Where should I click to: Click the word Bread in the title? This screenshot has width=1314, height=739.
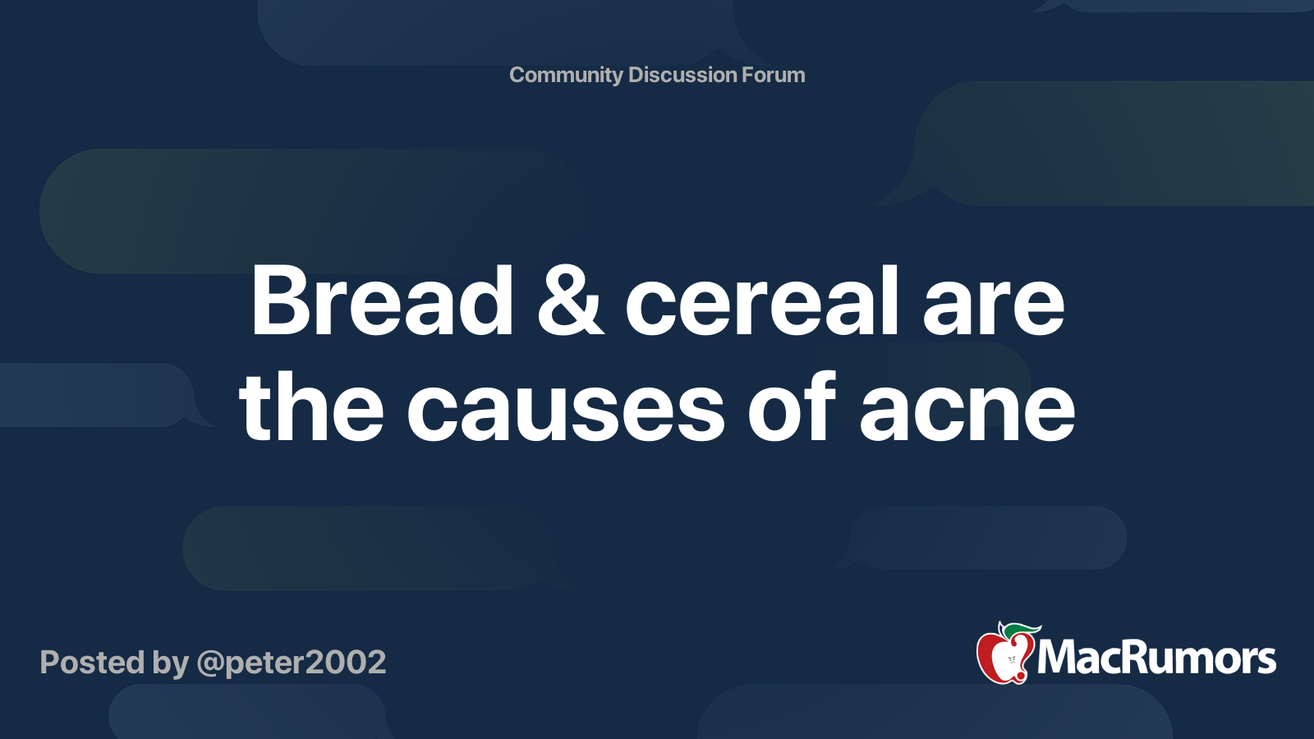[x=382, y=301]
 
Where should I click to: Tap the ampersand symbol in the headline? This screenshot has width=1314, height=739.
[x=571, y=301]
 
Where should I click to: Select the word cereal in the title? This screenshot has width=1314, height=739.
[x=762, y=301]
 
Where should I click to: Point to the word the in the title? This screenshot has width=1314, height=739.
[x=311, y=406]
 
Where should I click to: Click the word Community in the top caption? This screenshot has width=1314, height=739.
[x=566, y=75]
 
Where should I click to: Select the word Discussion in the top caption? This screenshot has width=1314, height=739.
[x=682, y=75]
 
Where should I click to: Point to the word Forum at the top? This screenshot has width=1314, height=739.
[x=773, y=75]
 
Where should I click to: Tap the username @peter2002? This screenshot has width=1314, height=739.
[x=292, y=663]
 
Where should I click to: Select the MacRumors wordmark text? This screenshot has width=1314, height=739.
[x=1156, y=659]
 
